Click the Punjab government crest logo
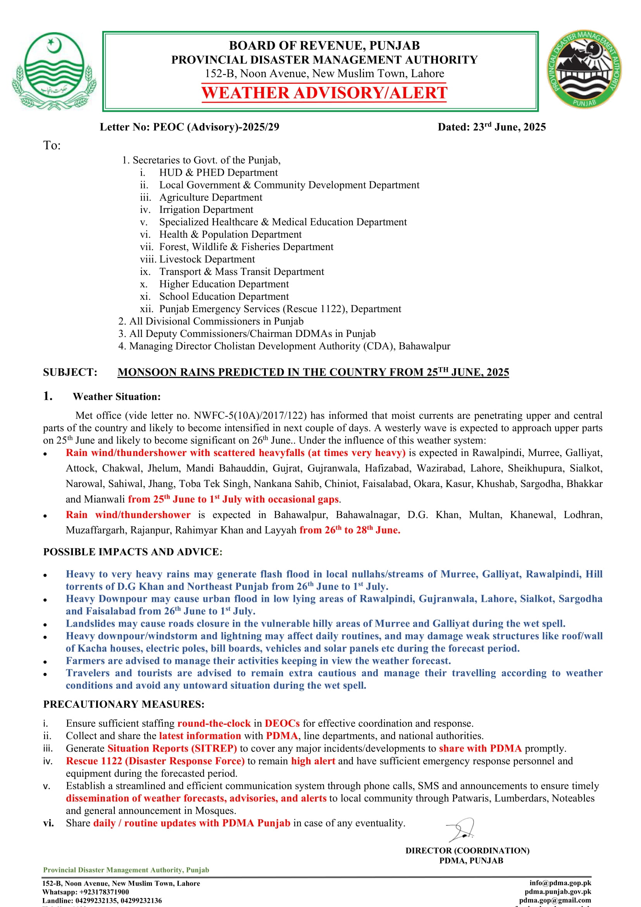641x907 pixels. tap(54, 71)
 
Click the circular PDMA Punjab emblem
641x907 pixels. tap(584, 69)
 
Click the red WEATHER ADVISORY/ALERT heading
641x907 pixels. tap(324, 93)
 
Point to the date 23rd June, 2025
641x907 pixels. tap(509, 127)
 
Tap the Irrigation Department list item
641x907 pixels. tap(206, 210)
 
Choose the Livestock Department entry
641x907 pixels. tap(207, 259)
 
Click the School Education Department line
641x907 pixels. tap(224, 296)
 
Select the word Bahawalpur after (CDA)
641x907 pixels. tap(424, 346)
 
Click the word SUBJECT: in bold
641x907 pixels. tap(70, 372)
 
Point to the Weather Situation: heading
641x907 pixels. tap(116, 397)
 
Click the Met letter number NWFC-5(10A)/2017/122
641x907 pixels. tap(250, 416)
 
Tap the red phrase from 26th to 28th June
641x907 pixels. tap(350, 530)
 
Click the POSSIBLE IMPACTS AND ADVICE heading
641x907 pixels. tap(133, 552)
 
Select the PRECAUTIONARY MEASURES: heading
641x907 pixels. tap(124, 704)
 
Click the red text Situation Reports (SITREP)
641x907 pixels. tap(172, 748)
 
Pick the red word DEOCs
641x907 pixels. tap(282, 723)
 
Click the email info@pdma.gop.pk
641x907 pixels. tap(560, 883)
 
